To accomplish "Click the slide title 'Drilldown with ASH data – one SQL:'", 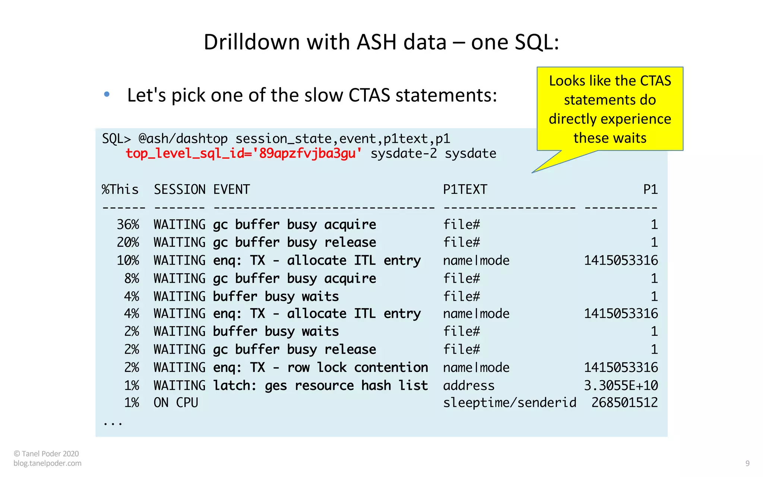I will pyautogui.click(x=381, y=42).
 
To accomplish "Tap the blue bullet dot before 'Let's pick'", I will pyautogui.click(x=107, y=94).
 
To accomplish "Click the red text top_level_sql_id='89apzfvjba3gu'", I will pyautogui.click(x=243, y=154).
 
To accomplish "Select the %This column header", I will pyautogui.click(x=120, y=189).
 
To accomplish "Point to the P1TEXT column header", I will pyautogui.click(x=465, y=189).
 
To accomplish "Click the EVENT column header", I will pyautogui.click(x=231, y=189).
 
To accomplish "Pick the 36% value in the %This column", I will pyautogui.click(x=128, y=224).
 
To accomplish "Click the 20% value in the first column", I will pyautogui.click(x=128, y=242).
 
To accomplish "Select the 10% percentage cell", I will pyautogui.click(x=128, y=260).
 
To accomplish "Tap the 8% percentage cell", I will pyautogui.click(x=132, y=278).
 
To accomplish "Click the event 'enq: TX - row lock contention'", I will pyautogui.click(x=320, y=367).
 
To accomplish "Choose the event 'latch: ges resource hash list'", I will pyautogui.click(x=320, y=385).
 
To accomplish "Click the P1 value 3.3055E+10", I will pyautogui.click(x=621, y=385).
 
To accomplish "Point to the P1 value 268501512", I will pyautogui.click(x=624, y=402).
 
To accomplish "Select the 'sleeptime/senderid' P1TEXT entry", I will pyautogui.click(x=509, y=402).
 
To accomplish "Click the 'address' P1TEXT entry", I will pyautogui.click(x=469, y=385).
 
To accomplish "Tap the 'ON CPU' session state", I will pyautogui.click(x=176, y=402).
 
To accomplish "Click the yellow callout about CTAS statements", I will pyautogui.click(x=610, y=109).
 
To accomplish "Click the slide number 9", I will pyautogui.click(x=747, y=463).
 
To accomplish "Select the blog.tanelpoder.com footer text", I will pyautogui.click(x=47, y=463).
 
